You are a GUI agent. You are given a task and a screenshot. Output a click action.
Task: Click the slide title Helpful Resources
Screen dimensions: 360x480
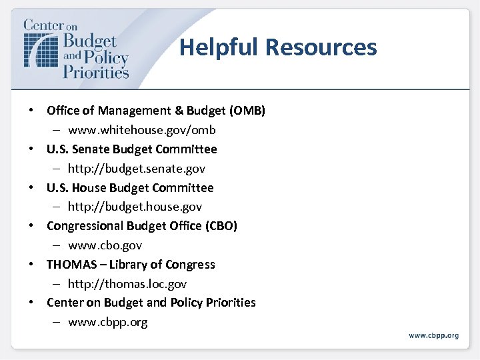(x=278, y=47)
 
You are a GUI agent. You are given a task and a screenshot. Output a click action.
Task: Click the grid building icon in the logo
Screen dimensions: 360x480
(x=40, y=49)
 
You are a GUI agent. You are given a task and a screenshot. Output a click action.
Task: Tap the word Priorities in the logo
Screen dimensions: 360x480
(x=95, y=71)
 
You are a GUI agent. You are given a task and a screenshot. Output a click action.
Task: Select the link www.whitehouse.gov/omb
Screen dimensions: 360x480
(x=141, y=130)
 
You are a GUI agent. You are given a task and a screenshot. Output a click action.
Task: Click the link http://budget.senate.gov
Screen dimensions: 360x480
(x=136, y=169)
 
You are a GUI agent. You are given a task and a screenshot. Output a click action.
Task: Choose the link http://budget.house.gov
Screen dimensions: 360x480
(x=135, y=207)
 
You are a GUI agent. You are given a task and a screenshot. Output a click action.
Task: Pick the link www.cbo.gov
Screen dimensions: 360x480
(x=105, y=245)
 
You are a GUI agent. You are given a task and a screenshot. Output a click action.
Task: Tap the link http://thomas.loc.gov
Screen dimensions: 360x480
(x=127, y=284)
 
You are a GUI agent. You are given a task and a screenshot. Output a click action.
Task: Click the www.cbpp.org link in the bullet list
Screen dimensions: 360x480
(x=107, y=322)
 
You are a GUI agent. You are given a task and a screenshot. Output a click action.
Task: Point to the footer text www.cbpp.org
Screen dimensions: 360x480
(x=433, y=335)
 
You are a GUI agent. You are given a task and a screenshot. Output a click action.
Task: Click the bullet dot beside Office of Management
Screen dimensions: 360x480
(x=32, y=111)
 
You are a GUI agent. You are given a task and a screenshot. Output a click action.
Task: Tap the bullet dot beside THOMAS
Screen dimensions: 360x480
(x=32, y=265)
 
